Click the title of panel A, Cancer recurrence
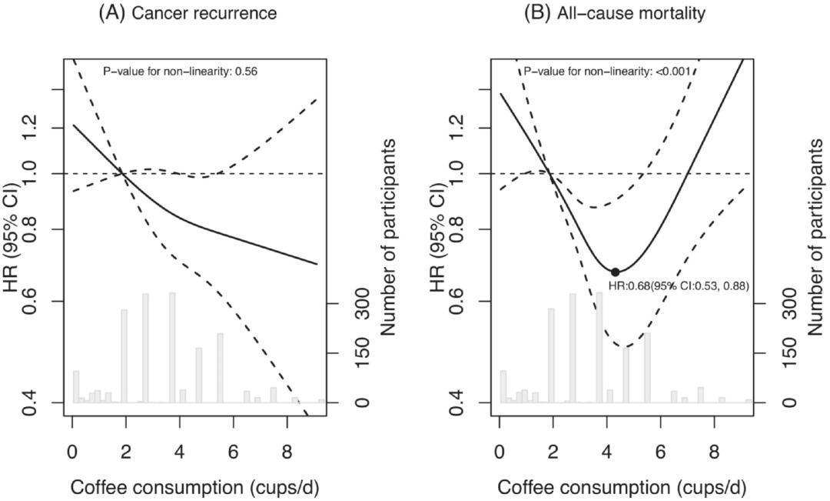187,13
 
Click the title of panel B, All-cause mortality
614,13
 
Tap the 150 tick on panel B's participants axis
780,353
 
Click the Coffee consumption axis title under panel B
621,487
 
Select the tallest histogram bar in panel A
172,348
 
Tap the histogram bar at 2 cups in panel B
551,356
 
